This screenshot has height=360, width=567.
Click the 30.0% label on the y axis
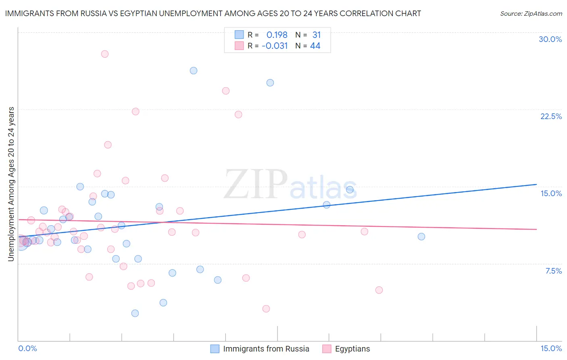click(x=550, y=39)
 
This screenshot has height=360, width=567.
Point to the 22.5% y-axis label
click(x=551, y=116)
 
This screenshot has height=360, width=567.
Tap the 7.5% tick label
click(x=553, y=271)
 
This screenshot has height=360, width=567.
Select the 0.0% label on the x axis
click(x=27, y=348)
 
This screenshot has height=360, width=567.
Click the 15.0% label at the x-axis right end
click(x=551, y=348)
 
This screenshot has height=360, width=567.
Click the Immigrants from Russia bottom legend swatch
click(x=215, y=349)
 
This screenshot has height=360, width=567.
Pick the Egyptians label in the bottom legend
click(x=352, y=349)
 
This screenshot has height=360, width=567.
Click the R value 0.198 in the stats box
click(x=277, y=35)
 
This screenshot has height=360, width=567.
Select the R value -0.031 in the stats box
click(x=275, y=46)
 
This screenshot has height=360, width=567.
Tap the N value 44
click(x=315, y=46)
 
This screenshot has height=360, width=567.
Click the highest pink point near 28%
click(x=105, y=54)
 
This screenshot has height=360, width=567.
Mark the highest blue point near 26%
click(x=194, y=71)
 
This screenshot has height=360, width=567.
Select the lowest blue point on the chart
click(x=135, y=313)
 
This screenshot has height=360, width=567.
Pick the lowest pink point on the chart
click(x=266, y=309)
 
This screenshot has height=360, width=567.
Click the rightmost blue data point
click(x=421, y=237)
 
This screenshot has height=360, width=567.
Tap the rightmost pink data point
click(x=379, y=290)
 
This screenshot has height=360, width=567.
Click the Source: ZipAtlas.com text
click(x=531, y=14)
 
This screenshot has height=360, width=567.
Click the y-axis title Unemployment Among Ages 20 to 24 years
click(x=11, y=184)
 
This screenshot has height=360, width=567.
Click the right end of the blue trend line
click(x=536, y=184)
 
